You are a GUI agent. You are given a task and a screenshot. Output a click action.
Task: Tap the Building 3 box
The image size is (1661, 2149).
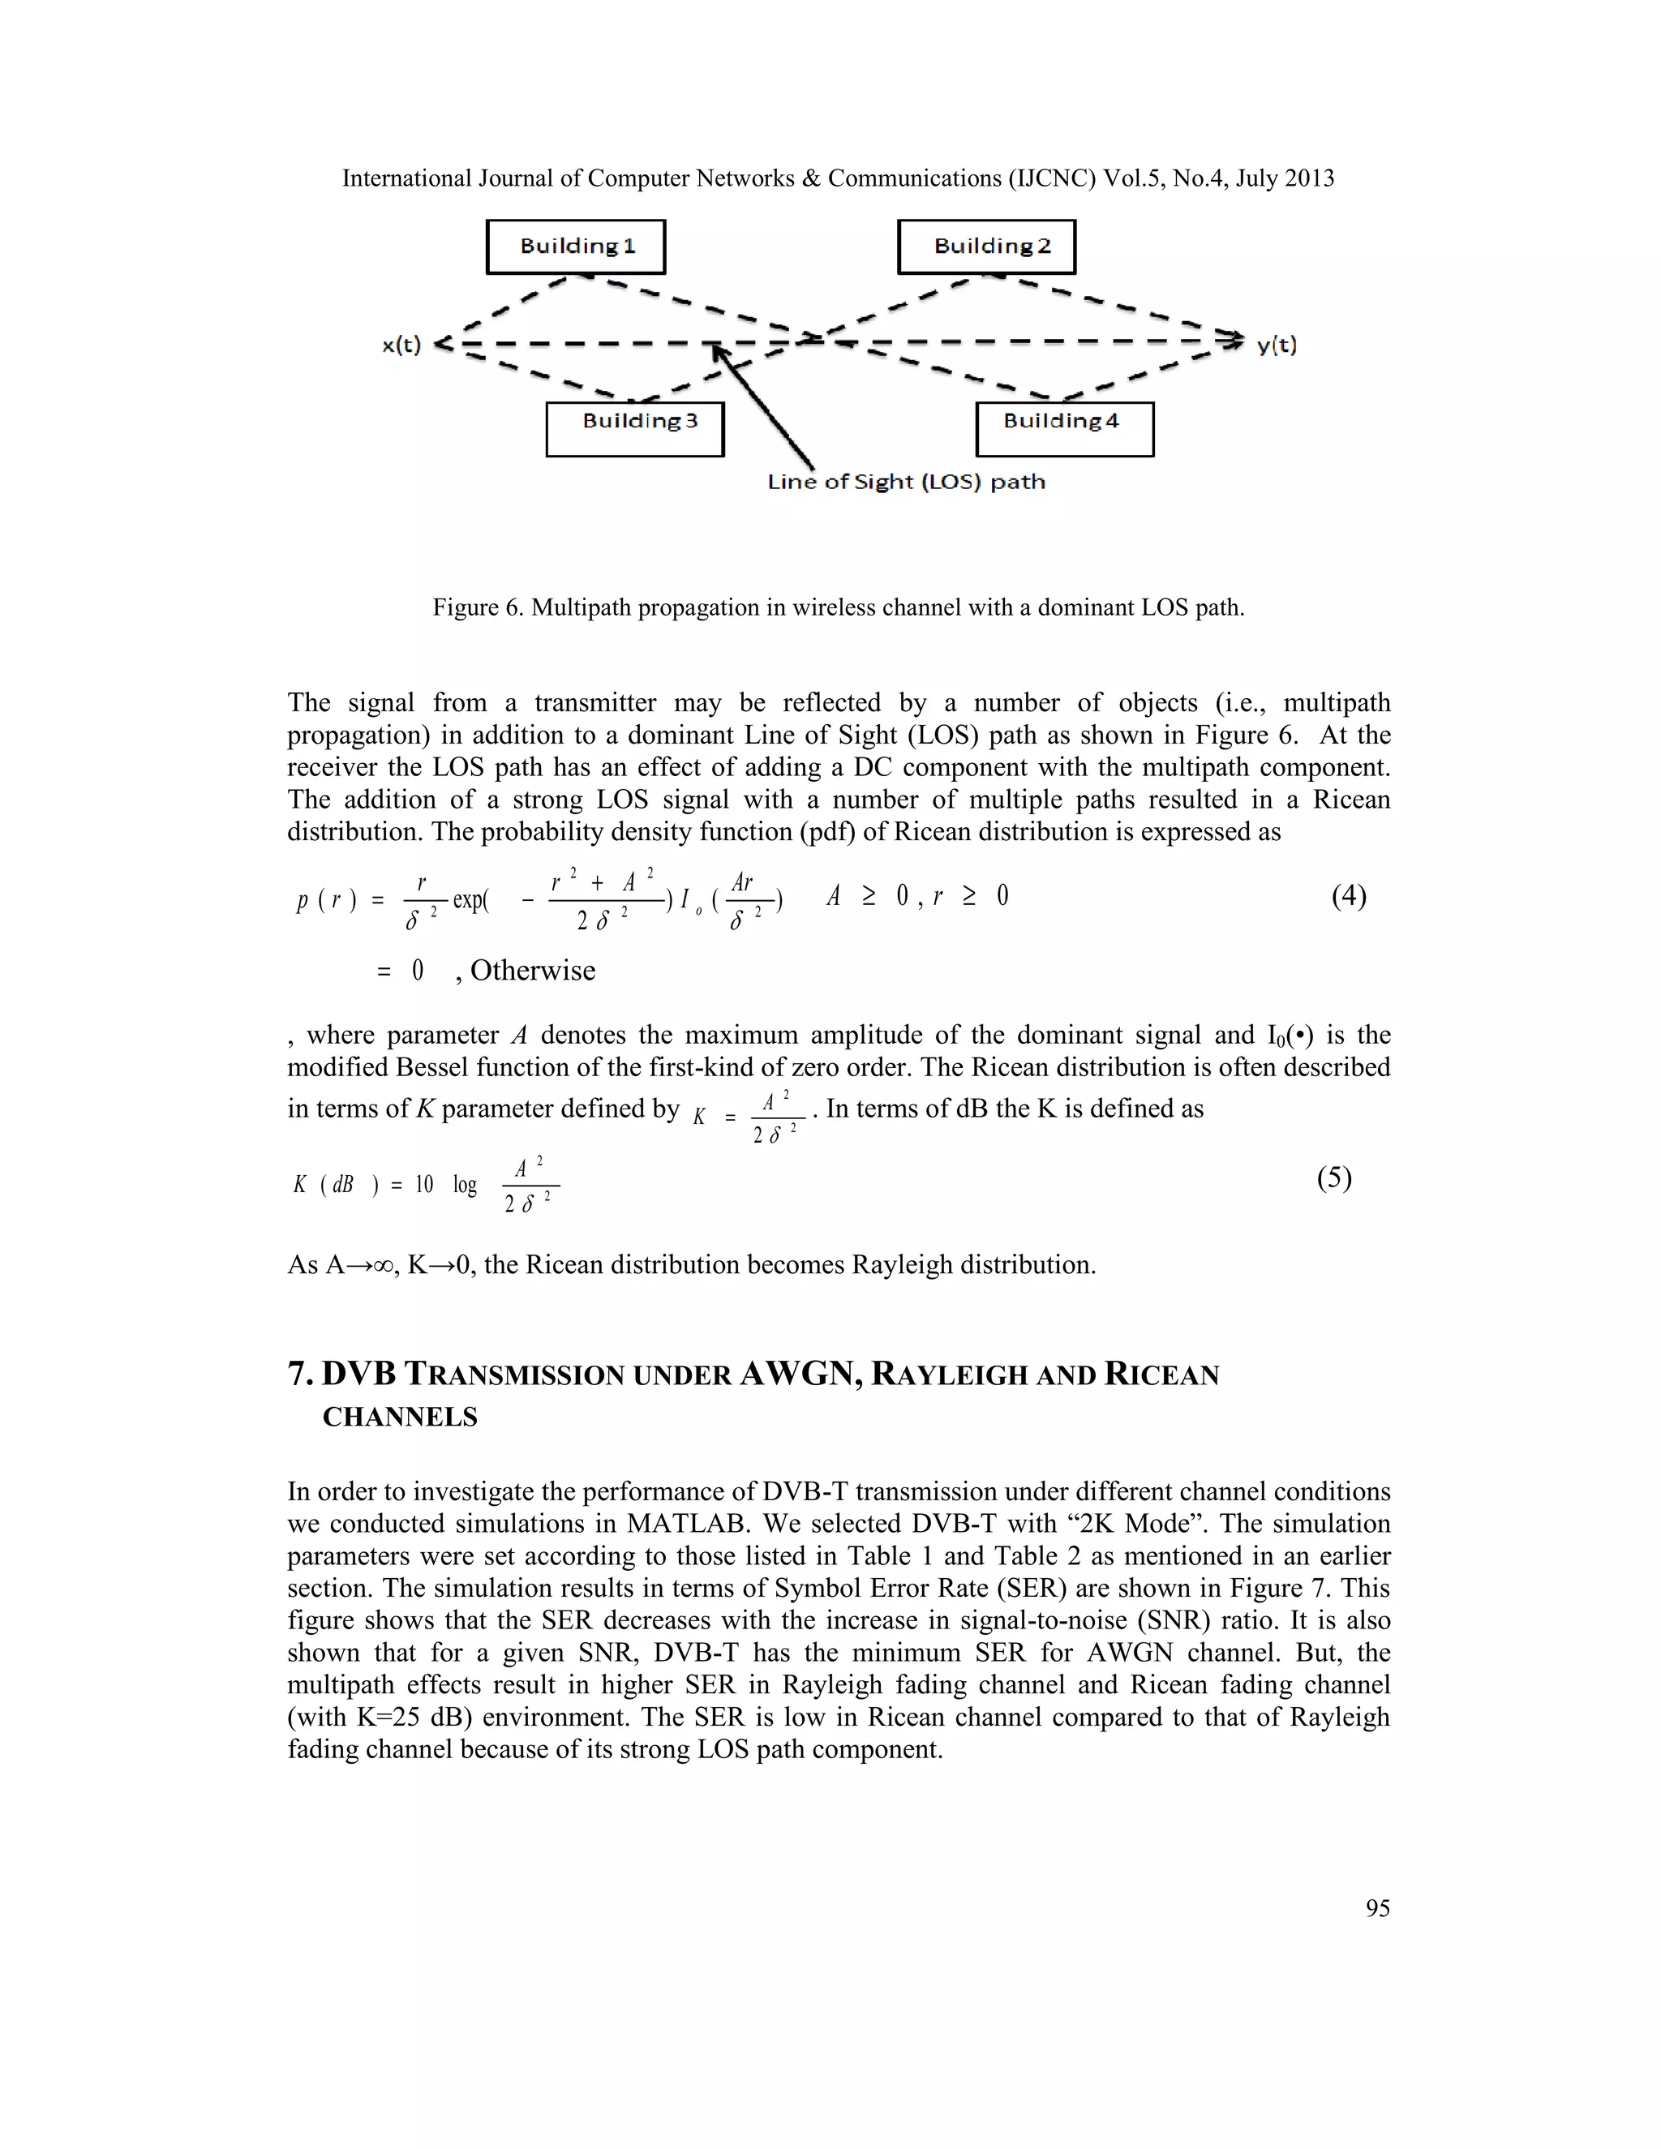635,428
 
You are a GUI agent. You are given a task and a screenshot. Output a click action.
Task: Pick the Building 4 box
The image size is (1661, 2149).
1065,428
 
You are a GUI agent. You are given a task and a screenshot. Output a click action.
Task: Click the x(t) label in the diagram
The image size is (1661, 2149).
401,345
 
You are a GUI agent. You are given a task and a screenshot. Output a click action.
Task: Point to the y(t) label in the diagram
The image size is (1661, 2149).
1277,345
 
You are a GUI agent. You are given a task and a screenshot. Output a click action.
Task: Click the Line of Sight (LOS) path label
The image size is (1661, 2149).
906,483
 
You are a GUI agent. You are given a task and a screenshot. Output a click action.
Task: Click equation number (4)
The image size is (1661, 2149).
1348,895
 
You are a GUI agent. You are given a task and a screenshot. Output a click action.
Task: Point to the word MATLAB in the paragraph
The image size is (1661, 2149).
689,1525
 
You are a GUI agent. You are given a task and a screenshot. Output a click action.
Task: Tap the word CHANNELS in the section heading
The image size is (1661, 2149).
400,1417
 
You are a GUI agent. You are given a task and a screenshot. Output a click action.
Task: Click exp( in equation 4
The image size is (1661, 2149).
470,899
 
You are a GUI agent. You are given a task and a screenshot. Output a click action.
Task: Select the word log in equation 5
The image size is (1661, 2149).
465,1185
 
